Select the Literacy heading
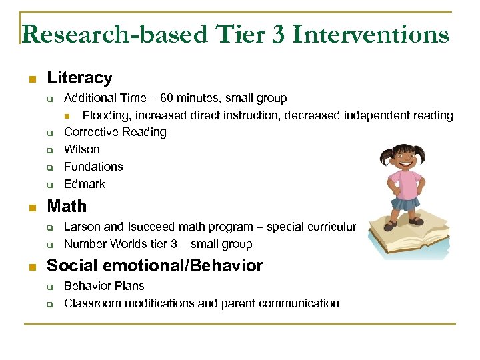pos(79,78)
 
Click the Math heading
pos(66,207)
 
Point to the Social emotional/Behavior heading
pos(155,266)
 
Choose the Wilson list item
pos(81,149)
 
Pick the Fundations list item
pos(93,167)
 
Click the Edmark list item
pos(85,184)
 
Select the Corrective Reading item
pos(115,132)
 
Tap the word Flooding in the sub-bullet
pos(105,115)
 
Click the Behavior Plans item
pos(104,286)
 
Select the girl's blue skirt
pos(405,203)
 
